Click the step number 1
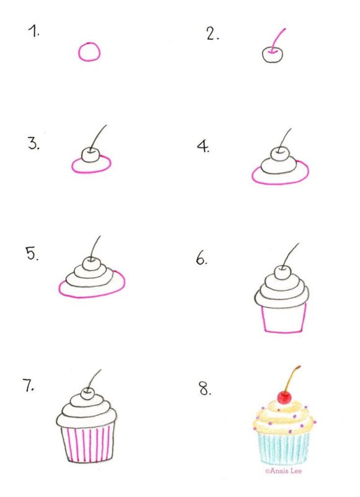33,31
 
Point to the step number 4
203,147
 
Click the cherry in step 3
91,153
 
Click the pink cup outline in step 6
283,318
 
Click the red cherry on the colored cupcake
286,397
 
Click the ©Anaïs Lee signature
287,472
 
